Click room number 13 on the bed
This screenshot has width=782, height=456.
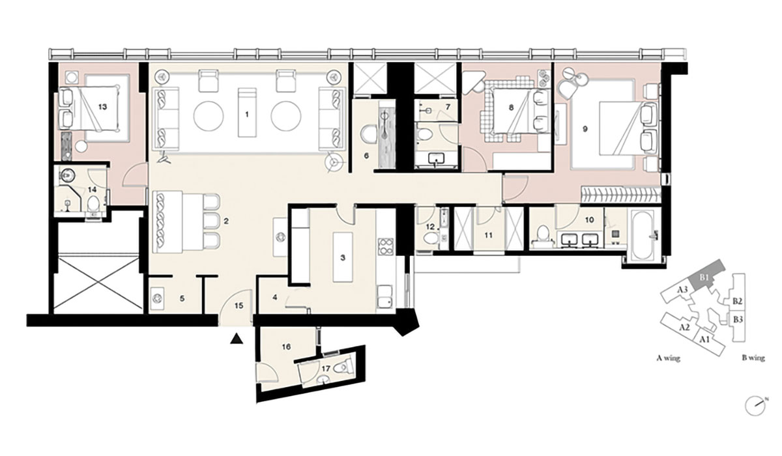(x=103, y=107)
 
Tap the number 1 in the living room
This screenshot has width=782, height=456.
(x=247, y=114)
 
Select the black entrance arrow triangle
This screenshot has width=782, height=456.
(x=237, y=339)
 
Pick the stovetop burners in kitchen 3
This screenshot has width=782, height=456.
(x=385, y=246)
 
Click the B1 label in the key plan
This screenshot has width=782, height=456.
(x=704, y=278)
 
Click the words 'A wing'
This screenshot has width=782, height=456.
(x=669, y=358)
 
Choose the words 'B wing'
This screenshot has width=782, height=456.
(x=753, y=358)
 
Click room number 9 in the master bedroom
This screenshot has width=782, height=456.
(x=585, y=129)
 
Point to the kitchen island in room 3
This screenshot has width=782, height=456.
(x=343, y=257)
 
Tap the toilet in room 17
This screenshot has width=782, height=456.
(x=342, y=367)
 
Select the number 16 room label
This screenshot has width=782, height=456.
(x=286, y=347)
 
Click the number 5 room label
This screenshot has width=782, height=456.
(x=182, y=298)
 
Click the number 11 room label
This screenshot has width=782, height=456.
(x=488, y=236)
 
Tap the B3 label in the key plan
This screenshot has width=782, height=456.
(x=738, y=319)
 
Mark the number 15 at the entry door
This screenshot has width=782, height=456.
(x=239, y=306)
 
